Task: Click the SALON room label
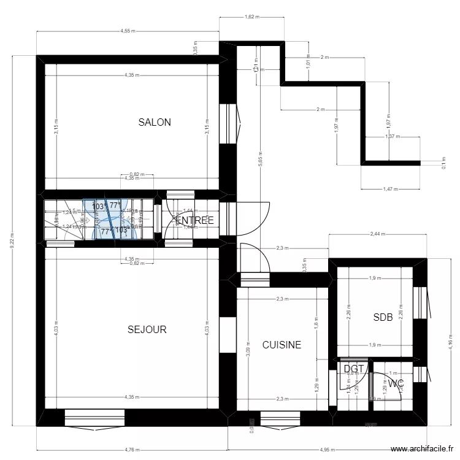155,122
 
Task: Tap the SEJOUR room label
147,329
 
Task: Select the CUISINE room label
282,345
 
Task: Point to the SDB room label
383,317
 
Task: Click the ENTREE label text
195,220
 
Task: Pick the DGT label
354,369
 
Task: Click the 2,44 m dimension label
378,234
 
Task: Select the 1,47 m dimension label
390,189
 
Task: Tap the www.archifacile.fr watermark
423,448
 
